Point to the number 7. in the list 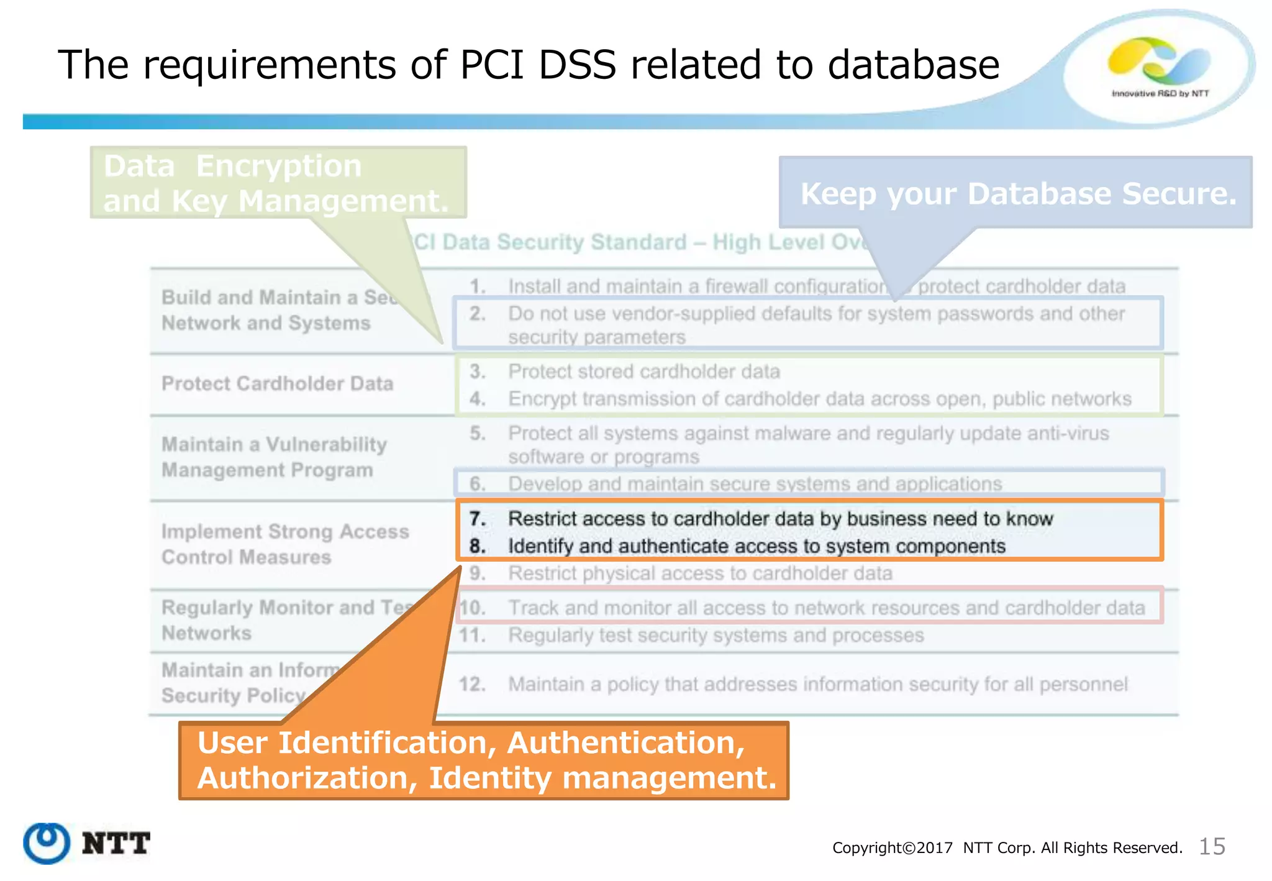(477, 518)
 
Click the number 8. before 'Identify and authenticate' (477, 546)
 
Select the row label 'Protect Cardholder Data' (277, 383)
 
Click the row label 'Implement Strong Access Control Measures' (284, 544)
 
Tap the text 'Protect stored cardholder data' (643, 372)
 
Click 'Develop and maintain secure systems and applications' (755, 483)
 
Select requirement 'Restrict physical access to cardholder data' (700, 573)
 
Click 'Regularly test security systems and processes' (715, 635)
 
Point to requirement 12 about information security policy (817, 684)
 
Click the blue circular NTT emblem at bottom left (47, 843)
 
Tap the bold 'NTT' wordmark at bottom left (116, 844)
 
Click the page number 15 (1211, 846)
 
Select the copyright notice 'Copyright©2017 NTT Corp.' (1006, 847)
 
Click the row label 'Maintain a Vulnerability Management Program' (273, 457)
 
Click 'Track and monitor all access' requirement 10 (826, 608)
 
